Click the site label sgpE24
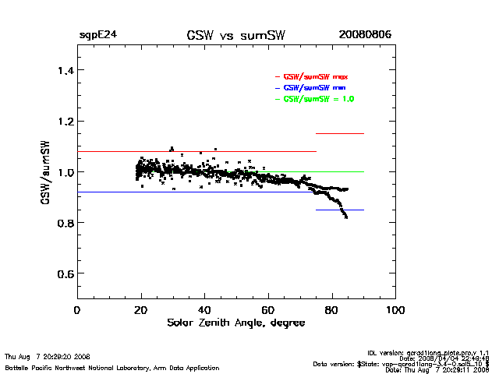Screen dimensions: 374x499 click(x=97, y=35)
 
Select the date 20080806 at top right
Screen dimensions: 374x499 click(x=365, y=35)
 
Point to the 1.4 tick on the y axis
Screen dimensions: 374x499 click(x=60, y=71)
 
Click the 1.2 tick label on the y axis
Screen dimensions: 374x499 click(x=60, y=122)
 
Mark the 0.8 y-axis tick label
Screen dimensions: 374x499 click(x=60, y=223)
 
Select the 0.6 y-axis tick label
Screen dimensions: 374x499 click(x=60, y=273)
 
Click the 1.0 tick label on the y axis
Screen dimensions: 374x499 click(x=60, y=172)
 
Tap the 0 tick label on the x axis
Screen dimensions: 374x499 click(x=76, y=310)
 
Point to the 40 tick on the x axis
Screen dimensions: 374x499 click(x=204, y=310)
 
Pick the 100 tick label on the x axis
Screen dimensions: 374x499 click(x=396, y=310)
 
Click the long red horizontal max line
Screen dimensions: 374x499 click(x=195, y=151)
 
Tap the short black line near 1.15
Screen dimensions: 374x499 click(x=340, y=134)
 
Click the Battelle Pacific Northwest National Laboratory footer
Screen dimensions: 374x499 click(x=112, y=368)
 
